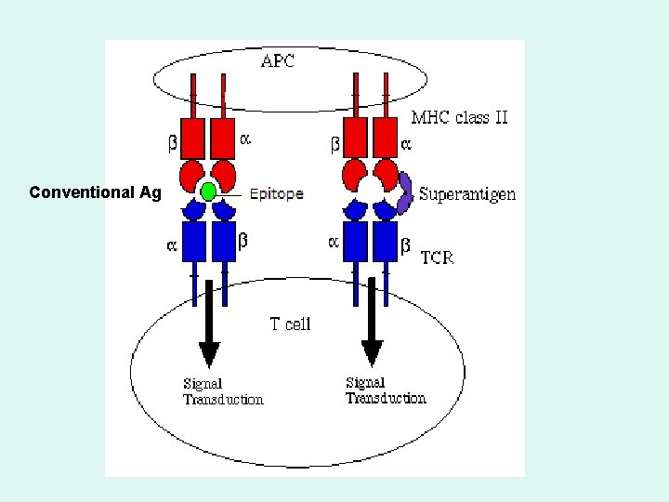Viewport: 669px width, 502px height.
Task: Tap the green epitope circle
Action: click(209, 192)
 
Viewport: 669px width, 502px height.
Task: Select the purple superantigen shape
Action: click(405, 192)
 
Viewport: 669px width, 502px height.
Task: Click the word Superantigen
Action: click(467, 194)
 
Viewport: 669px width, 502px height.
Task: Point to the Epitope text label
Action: click(276, 194)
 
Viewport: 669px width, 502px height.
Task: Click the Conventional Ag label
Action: click(95, 192)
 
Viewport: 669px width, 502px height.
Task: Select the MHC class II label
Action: click(459, 118)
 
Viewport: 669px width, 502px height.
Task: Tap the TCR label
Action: click(438, 258)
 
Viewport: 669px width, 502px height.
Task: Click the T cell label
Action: click(290, 324)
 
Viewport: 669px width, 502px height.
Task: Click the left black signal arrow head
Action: click(209, 353)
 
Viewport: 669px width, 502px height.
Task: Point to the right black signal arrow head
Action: click(372, 353)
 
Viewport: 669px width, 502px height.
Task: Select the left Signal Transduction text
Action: click(223, 391)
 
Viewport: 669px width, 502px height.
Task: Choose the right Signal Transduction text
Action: click(386, 390)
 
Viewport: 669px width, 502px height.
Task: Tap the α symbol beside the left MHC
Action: click(245, 139)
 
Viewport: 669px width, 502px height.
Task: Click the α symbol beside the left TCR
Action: click(171, 246)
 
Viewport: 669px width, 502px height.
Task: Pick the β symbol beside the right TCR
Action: click(405, 245)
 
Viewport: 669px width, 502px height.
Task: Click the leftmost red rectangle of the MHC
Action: click(193, 138)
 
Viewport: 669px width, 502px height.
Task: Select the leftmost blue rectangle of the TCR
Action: click(194, 242)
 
